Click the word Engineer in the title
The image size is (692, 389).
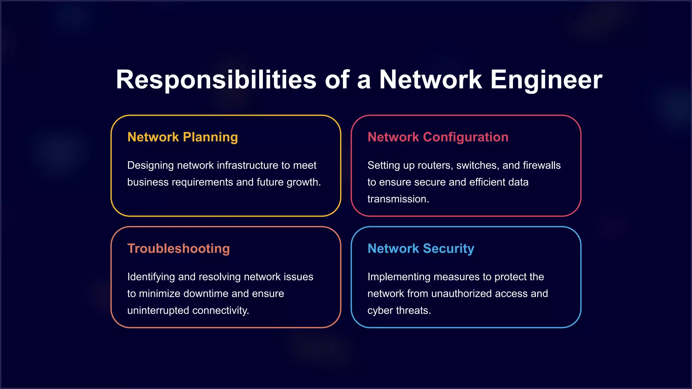click(x=546, y=80)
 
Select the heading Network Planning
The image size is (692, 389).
click(x=182, y=137)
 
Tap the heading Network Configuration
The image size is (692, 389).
click(x=438, y=137)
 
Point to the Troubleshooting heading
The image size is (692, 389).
click(x=178, y=249)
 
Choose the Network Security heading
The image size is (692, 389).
click(x=421, y=249)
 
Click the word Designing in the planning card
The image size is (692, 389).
click(x=150, y=165)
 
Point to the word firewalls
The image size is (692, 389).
click(x=542, y=165)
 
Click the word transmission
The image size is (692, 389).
click(x=398, y=199)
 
